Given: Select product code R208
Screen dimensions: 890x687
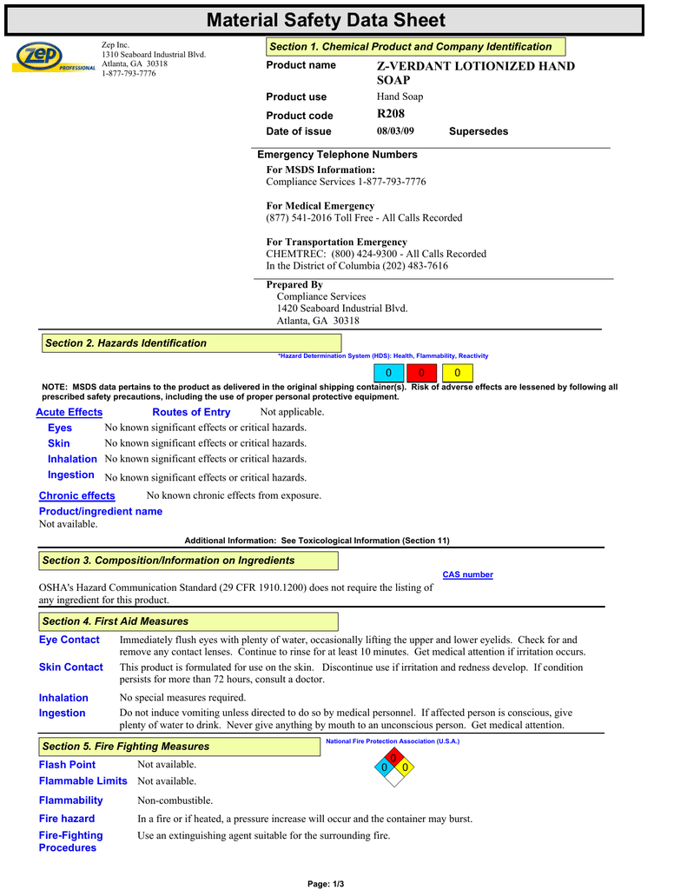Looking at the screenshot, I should pyautogui.click(x=391, y=114).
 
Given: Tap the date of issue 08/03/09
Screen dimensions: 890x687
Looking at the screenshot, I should pyautogui.click(x=395, y=131).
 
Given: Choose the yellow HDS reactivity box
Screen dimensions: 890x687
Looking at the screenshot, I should pyautogui.click(x=458, y=373).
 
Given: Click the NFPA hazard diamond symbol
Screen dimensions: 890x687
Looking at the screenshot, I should pyautogui.click(x=394, y=767).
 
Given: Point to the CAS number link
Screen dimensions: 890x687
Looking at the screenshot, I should pyautogui.click(x=467, y=575).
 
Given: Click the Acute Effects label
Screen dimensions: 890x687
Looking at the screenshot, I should pyautogui.click(x=69, y=412).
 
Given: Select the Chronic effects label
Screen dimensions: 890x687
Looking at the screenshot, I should pyautogui.click(x=77, y=495).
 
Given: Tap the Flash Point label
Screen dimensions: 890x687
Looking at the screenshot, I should pyautogui.click(x=68, y=765).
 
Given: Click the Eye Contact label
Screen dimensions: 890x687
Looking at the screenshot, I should pyautogui.click(x=69, y=640).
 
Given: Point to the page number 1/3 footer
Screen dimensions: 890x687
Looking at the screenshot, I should pyautogui.click(x=327, y=884).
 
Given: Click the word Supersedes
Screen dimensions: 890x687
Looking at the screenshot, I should pyautogui.click(x=479, y=131).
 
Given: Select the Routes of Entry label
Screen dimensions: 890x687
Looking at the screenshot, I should pyautogui.click(x=191, y=412).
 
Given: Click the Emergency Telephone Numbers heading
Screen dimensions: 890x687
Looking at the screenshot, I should pyautogui.click(x=338, y=155).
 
